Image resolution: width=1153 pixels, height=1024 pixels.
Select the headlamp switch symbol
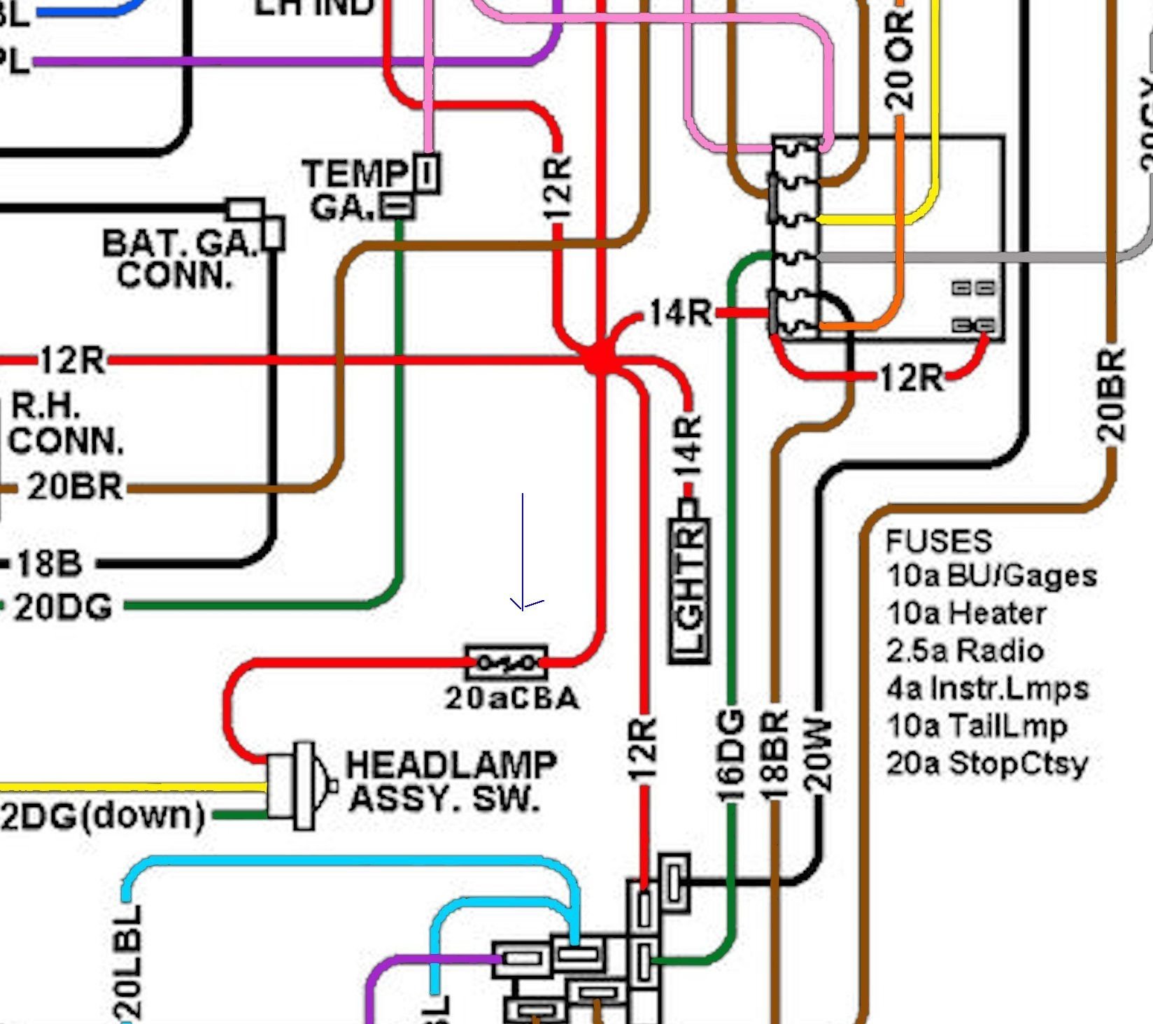click(x=298, y=785)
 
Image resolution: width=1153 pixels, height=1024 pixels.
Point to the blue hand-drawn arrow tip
click(x=522, y=609)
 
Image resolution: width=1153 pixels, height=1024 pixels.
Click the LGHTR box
click(x=690, y=590)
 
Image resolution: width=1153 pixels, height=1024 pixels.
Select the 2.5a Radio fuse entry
click(x=965, y=650)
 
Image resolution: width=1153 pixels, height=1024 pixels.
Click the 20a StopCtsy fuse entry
click(x=986, y=763)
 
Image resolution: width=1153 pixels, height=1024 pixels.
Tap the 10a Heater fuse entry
click(x=966, y=613)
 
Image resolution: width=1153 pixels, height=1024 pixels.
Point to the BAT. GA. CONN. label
click(x=178, y=259)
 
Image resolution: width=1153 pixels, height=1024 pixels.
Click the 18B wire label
click(x=49, y=563)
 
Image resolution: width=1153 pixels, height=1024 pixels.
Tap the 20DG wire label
click(x=63, y=607)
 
